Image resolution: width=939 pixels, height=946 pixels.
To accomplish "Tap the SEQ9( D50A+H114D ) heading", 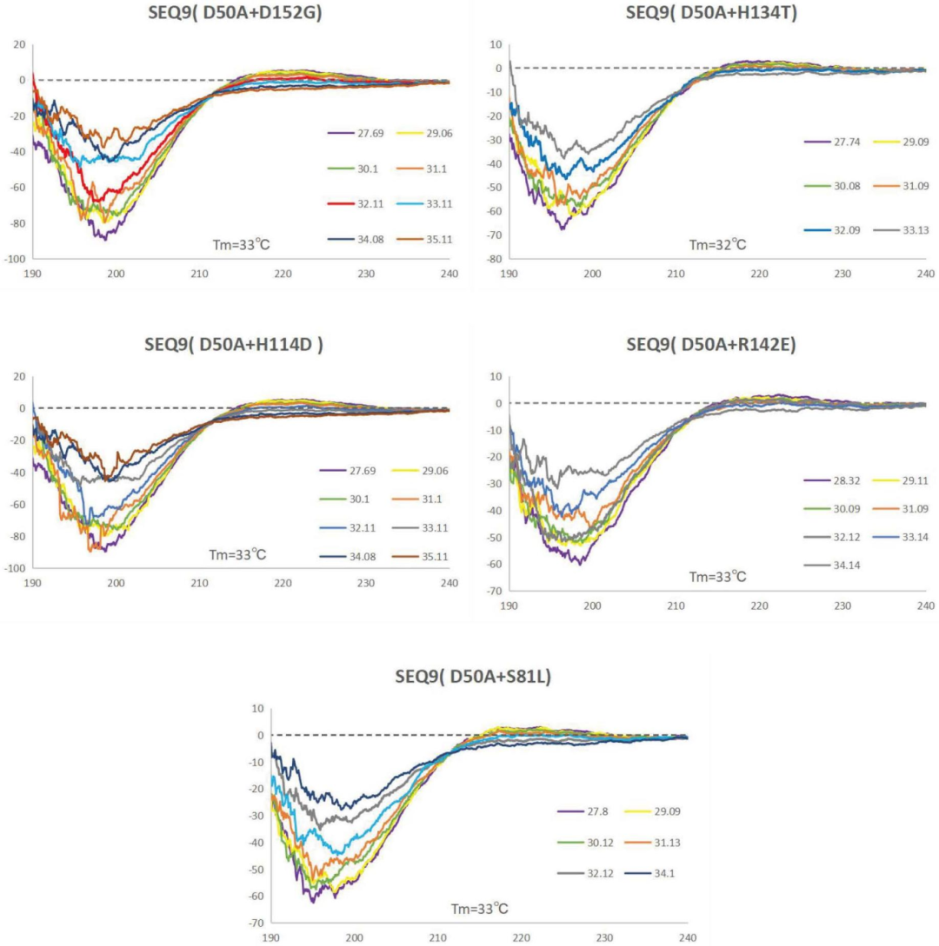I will [x=234, y=343].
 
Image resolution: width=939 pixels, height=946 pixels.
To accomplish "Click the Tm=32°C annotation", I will [x=718, y=244].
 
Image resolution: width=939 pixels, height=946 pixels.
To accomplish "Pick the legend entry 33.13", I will [x=900, y=229].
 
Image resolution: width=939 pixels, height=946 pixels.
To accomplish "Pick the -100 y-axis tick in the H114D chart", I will [x=15, y=568].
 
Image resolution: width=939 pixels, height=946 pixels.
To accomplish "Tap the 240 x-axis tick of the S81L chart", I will [x=687, y=937].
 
